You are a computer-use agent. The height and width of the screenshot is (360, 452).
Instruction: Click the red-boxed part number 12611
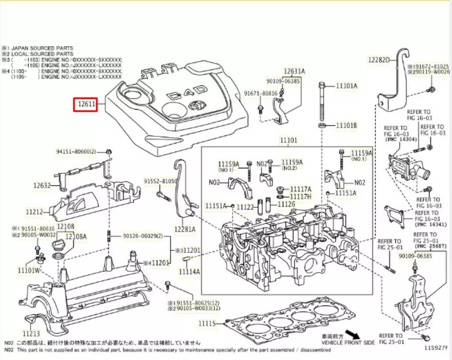click(x=85, y=105)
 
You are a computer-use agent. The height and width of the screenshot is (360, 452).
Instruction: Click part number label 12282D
click(x=379, y=60)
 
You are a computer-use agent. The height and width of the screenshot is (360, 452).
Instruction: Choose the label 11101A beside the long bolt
click(x=346, y=85)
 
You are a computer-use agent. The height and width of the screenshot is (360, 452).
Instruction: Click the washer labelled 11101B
click(x=321, y=125)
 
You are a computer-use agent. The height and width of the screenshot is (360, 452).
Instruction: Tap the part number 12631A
click(x=294, y=71)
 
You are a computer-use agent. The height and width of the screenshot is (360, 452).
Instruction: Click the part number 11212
click(x=34, y=211)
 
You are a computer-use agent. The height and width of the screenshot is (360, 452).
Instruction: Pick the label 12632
click(x=42, y=185)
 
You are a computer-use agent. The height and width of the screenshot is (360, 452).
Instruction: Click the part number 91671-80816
click(x=261, y=93)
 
